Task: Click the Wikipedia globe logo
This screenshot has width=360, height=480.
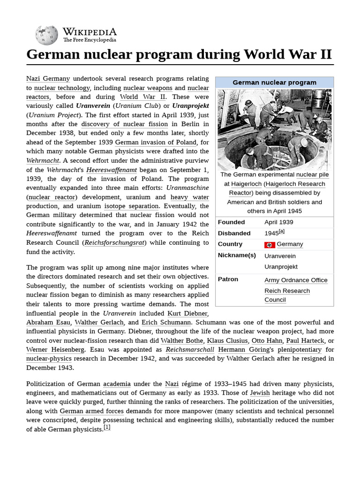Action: point(47,35)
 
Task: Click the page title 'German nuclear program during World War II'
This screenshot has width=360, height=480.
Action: point(179,54)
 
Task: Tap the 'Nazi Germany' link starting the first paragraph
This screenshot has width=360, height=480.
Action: point(48,79)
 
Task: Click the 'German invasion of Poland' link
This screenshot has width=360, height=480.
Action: point(156,142)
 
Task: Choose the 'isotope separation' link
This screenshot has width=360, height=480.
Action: point(131,206)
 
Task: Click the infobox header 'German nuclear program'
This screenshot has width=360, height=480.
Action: point(274,82)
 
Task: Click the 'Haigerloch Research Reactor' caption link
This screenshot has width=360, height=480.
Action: point(277,188)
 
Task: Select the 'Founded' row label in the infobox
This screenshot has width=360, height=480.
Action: point(231,222)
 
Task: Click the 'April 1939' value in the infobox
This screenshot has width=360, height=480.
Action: point(278,222)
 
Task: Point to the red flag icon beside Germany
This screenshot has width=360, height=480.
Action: point(270,245)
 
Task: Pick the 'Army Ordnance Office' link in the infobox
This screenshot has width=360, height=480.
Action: point(296,280)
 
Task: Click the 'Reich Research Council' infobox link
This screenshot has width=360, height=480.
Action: point(287,295)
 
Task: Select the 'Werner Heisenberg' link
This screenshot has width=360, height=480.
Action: point(55,350)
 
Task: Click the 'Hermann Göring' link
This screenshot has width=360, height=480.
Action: point(238,350)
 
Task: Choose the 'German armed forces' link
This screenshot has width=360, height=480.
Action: point(91,411)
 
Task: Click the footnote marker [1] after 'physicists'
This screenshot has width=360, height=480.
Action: point(107,428)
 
